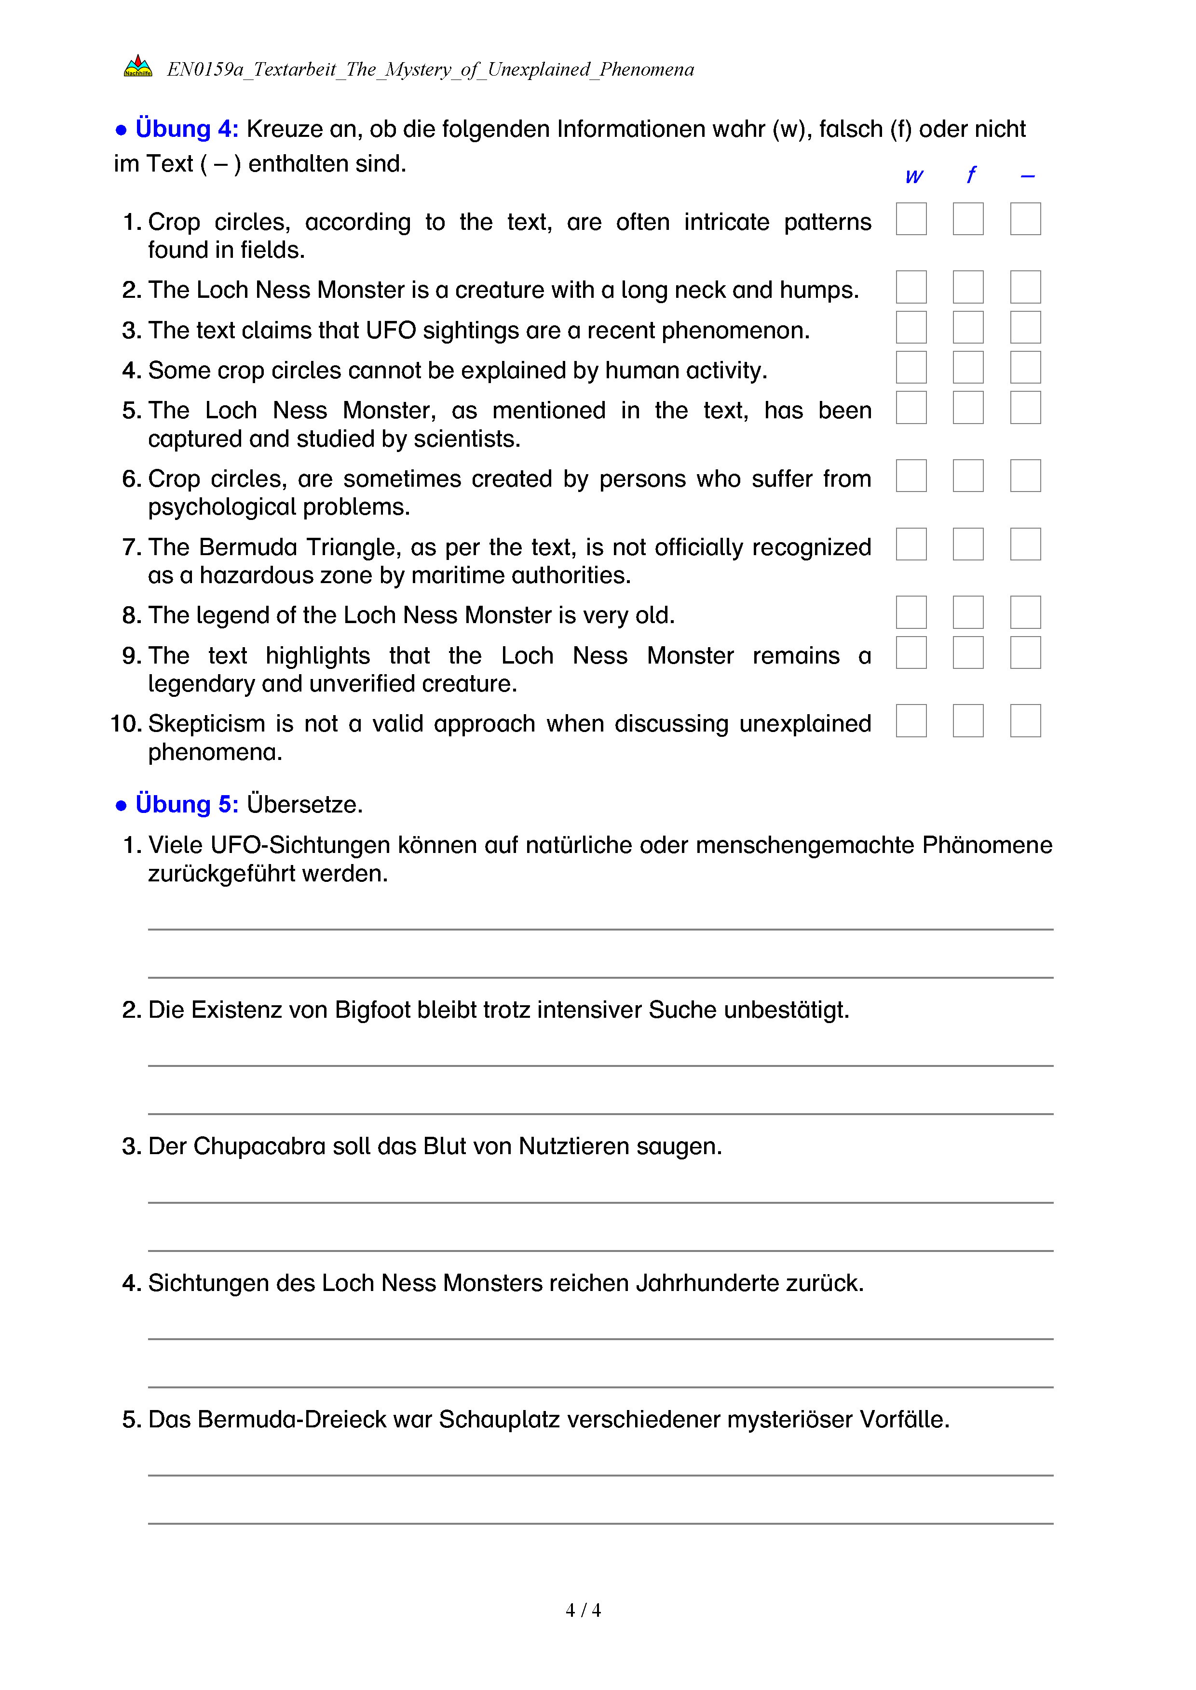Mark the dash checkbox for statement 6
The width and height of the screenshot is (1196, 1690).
pos(1025,476)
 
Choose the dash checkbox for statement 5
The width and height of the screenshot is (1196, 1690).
pos(1025,408)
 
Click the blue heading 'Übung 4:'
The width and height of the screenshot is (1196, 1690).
pos(186,129)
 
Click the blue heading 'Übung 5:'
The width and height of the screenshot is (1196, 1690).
pos(186,804)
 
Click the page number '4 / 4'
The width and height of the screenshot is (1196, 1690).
pos(583,1610)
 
